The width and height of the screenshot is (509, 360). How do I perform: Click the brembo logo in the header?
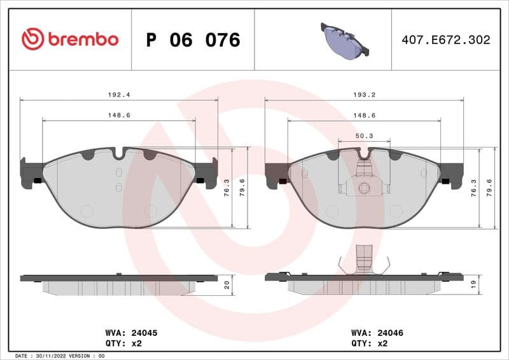click(x=70, y=39)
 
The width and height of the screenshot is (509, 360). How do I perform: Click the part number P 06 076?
click(x=193, y=40)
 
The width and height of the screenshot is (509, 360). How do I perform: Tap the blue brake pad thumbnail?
click(x=344, y=40)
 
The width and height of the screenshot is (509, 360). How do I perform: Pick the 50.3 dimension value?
click(x=364, y=135)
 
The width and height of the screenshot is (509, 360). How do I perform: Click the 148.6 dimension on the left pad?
click(x=119, y=115)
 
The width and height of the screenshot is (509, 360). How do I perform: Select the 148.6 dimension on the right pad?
click(x=364, y=115)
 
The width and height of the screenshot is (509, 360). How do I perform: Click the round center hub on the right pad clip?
click(x=364, y=188)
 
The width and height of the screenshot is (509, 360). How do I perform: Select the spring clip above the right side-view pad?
click(x=364, y=260)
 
